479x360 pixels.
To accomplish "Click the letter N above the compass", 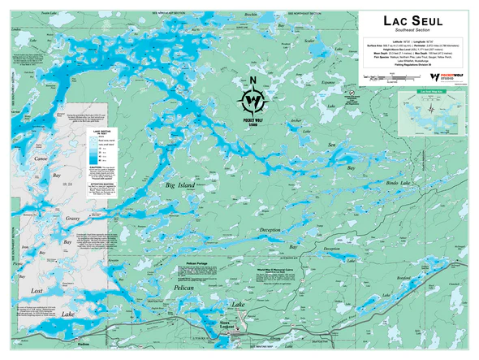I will pos(254,80).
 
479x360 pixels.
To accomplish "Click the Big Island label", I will pos(180,185).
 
